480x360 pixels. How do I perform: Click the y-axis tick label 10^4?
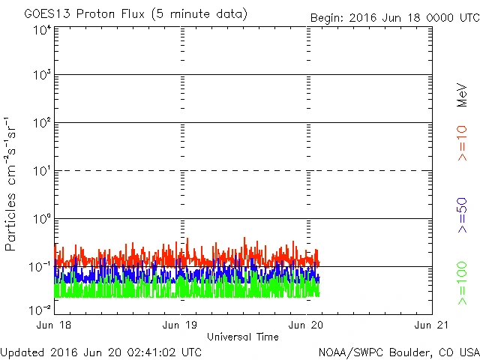click(42, 30)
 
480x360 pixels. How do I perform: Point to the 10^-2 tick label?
click(40, 309)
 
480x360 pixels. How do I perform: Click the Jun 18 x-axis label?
click(55, 325)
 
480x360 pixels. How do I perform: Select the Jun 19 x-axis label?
click(181, 325)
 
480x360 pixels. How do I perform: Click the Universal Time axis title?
click(242, 337)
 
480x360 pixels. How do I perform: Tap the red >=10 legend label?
click(463, 143)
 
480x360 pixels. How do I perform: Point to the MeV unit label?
click(463, 95)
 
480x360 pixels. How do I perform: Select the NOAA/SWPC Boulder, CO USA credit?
click(398, 352)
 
